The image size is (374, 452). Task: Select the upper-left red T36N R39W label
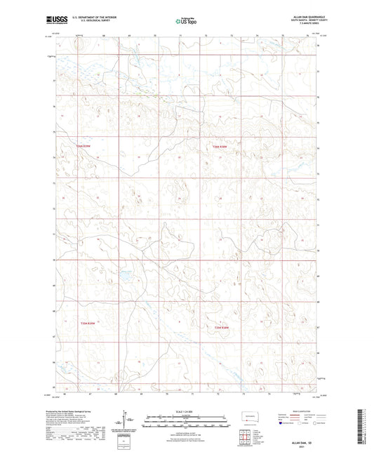point(84,146)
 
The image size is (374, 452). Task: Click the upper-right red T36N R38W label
point(220,146)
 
